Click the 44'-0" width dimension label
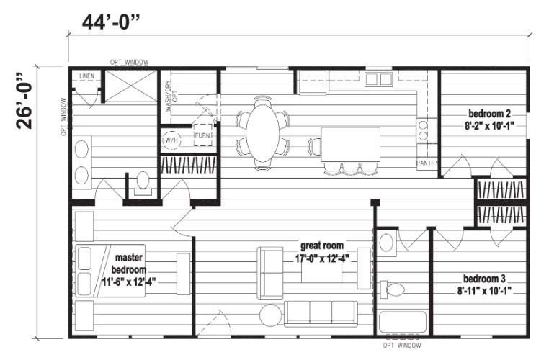(110, 23)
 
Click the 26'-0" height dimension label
(24, 102)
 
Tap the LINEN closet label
(87, 76)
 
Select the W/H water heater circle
(171, 140)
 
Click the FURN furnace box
(202, 135)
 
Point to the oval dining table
(262, 133)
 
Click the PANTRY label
(427, 163)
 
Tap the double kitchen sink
(379, 79)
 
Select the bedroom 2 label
(489, 114)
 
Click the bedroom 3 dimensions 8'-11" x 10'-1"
(484, 290)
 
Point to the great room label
(322, 246)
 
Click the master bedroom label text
(128, 264)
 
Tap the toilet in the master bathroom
(143, 183)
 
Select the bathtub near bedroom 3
(403, 322)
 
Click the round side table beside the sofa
(271, 315)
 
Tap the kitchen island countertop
(350, 145)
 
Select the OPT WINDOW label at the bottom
(401, 346)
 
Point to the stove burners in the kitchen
(424, 130)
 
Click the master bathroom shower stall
(131, 86)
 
